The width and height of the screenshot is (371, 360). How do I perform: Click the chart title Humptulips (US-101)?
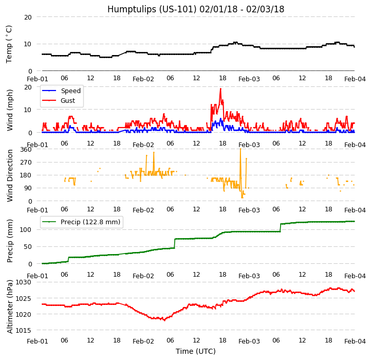(x=196, y=9)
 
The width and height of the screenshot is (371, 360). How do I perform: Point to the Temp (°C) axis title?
(x=9, y=44)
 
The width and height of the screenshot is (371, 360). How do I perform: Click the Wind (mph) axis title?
(x=10, y=110)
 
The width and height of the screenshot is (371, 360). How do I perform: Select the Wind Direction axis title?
(x=10, y=175)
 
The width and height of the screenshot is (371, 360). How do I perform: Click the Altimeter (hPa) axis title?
(x=10, y=307)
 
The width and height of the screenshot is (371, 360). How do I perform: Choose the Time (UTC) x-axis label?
(x=196, y=351)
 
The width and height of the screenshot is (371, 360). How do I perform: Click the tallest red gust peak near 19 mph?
(x=220, y=88)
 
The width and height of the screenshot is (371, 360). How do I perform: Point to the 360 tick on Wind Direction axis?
(x=26, y=149)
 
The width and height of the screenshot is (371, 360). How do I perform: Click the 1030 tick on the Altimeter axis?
(x=24, y=282)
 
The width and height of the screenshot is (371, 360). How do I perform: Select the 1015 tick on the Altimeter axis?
(x=24, y=330)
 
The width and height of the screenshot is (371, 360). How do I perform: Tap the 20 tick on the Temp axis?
(x=28, y=17)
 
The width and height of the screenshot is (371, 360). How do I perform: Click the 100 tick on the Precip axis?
(x=26, y=229)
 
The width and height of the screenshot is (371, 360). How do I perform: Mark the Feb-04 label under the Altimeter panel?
(x=355, y=341)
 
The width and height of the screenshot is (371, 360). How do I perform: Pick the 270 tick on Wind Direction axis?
(x=26, y=162)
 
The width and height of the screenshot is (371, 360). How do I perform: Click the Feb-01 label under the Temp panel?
(x=38, y=79)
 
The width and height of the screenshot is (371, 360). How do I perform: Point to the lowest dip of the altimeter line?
(x=164, y=320)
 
